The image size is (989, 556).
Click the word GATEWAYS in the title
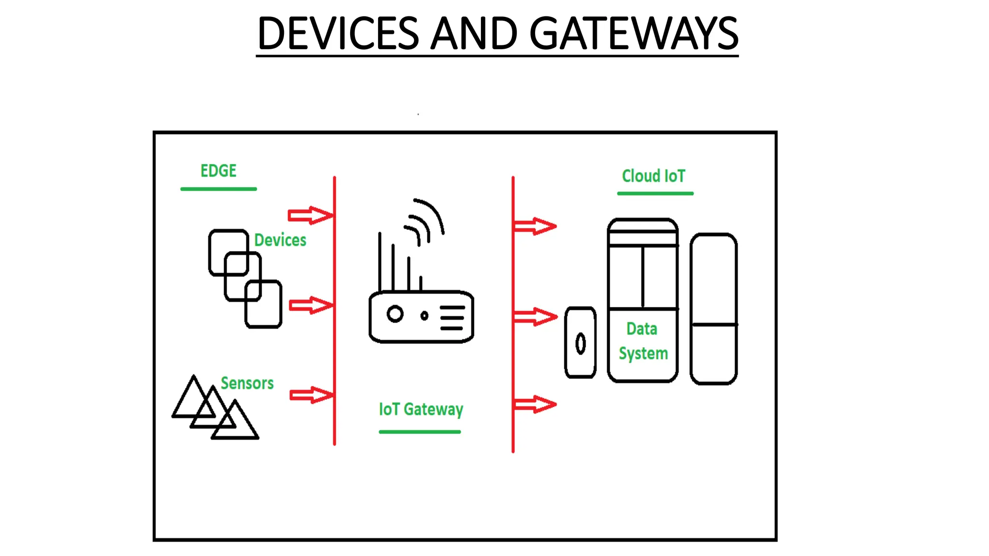pyautogui.click(x=634, y=34)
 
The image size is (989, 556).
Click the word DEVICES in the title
pyautogui.click(x=338, y=34)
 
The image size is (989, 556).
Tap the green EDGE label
pyautogui.click(x=218, y=171)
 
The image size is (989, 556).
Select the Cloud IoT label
pyautogui.click(x=653, y=176)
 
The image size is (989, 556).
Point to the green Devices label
pyautogui.click(x=280, y=240)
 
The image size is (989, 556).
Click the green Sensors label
pyautogui.click(x=247, y=383)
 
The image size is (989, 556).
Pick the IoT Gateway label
pyautogui.click(x=421, y=409)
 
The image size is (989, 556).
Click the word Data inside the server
pyautogui.click(x=642, y=329)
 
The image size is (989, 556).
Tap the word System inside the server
pyautogui.click(x=643, y=354)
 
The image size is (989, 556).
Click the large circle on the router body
pyautogui.click(x=395, y=314)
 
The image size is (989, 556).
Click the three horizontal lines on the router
pyautogui.click(x=452, y=318)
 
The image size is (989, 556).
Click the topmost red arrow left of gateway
pyautogui.click(x=310, y=215)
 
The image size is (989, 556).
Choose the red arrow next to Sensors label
pyautogui.click(x=311, y=395)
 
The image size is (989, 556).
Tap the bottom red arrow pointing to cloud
pyautogui.click(x=535, y=404)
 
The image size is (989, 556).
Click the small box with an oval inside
pyautogui.click(x=580, y=343)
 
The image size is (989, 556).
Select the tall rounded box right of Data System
pyautogui.click(x=714, y=309)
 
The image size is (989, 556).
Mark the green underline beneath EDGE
pyautogui.click(x=218, y=189)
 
